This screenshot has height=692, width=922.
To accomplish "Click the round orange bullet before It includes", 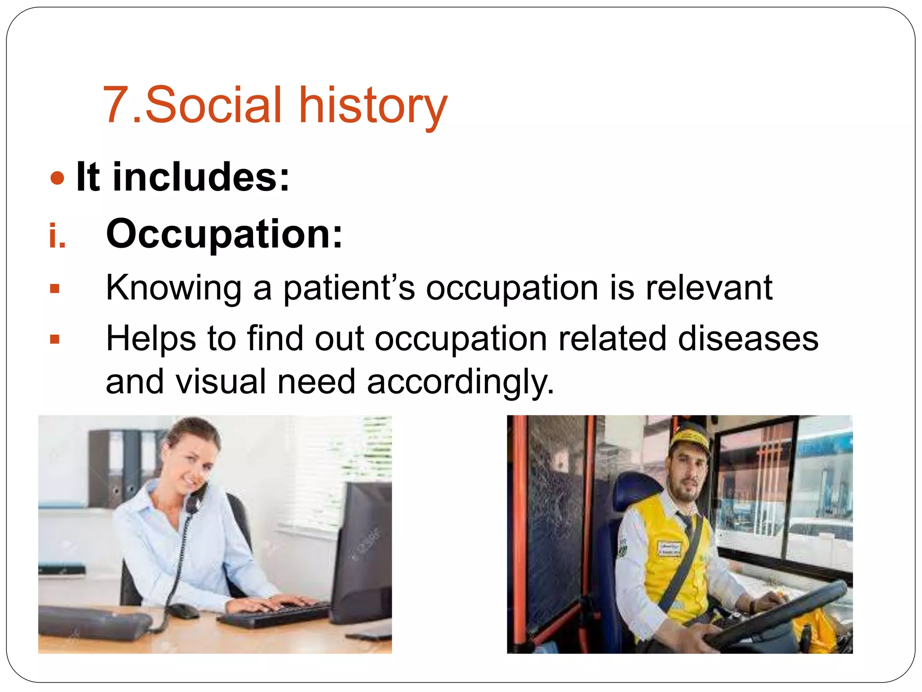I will click(57, 178).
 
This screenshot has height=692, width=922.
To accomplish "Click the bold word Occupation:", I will click(224, 234).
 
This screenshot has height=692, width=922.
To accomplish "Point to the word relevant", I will click(709, 288).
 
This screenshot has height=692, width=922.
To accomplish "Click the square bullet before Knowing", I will click(55, 289).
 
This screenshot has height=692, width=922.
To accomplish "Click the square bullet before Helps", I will click(55, 339).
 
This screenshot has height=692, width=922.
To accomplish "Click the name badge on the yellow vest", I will click(669, 549).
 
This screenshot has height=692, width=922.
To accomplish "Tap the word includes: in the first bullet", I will click(201, 178).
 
